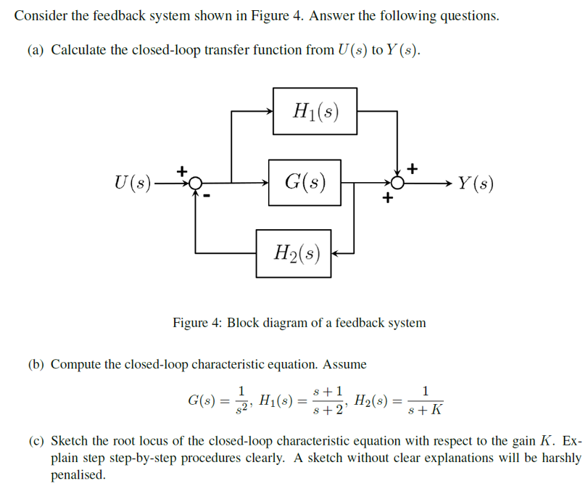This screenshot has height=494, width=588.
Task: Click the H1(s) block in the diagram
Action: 315,111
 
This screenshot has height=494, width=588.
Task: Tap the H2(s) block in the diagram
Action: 294,253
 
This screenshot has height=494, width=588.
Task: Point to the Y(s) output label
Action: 475,183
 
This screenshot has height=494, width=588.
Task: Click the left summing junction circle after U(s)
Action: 195,183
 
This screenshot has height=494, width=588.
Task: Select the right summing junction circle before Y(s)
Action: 397,183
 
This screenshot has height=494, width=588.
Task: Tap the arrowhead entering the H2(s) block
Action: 337,253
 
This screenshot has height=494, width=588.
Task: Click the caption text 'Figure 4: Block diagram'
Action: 299,322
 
